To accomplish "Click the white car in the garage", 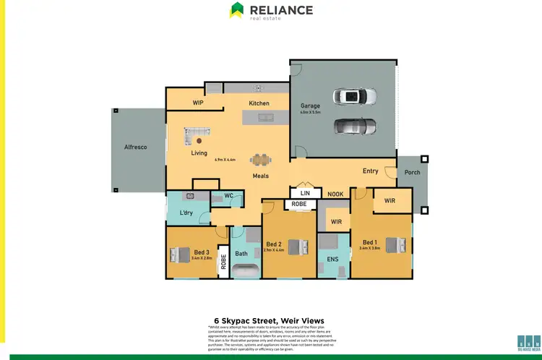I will point(355,96).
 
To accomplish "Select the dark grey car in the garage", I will point(355,127).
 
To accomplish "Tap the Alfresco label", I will point(135,147).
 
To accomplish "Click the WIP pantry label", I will point(199,103).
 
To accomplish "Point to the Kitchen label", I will point(259,103).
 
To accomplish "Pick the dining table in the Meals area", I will point(260,160).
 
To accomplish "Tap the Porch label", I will point(413,172).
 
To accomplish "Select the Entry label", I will point(370,171).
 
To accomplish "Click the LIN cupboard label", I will point(305,194).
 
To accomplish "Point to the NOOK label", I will point(335,194).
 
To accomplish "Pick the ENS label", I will point(332,258).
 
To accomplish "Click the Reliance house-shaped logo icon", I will point(236,10).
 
